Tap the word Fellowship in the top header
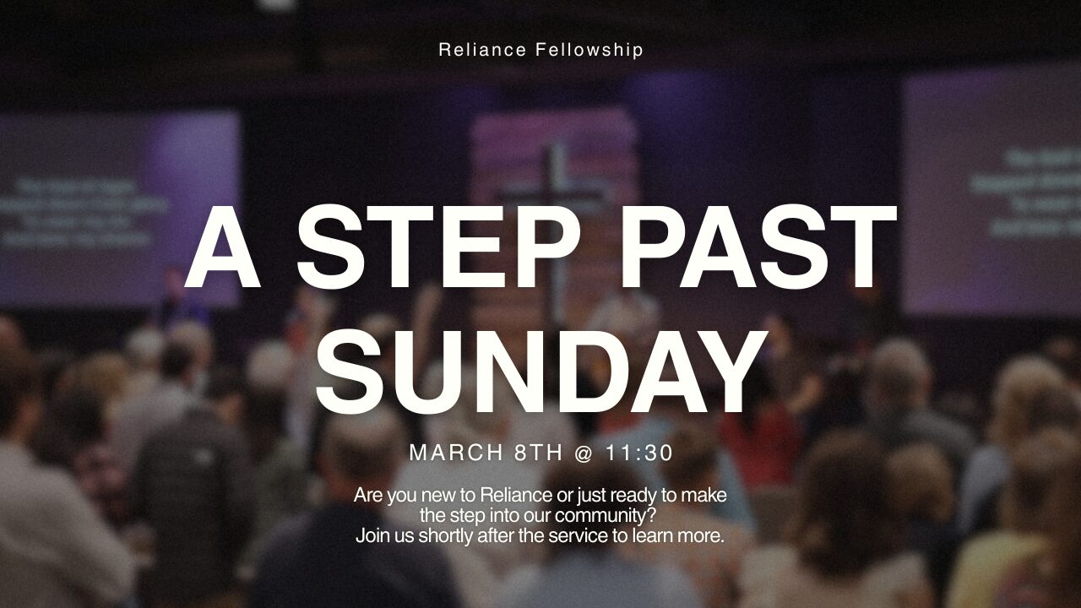coord(589,50)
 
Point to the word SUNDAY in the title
coord(540,372)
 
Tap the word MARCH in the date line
coord(456,453)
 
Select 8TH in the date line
coord(538,453)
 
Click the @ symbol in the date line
coord(584,453)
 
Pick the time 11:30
coord(639,453)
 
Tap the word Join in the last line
coord(372,535)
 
